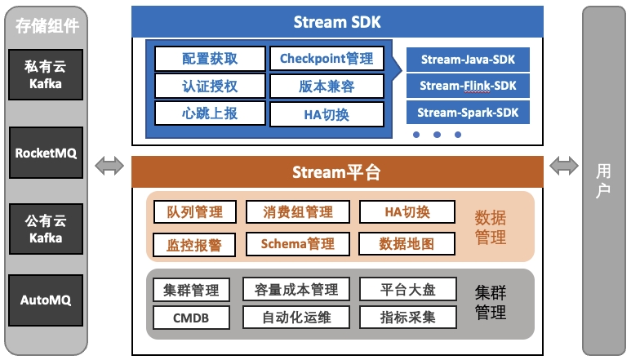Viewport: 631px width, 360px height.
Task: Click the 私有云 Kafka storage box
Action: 47,75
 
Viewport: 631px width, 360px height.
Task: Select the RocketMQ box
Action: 47,152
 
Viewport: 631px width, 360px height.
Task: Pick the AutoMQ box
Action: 47,300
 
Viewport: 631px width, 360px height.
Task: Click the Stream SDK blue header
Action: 337,22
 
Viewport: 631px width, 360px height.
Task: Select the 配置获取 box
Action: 211,59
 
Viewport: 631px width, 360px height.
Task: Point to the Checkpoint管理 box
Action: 326,59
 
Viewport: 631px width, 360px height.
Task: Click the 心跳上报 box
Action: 211,113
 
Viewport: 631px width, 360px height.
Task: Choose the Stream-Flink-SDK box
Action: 468,85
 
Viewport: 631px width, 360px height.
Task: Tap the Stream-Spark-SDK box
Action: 468,112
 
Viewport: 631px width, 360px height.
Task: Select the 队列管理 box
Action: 194,212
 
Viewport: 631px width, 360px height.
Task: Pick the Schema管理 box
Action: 297,243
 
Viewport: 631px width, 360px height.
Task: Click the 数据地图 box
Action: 407,243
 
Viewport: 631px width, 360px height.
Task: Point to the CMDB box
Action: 191,317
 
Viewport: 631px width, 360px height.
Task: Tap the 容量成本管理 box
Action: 296,289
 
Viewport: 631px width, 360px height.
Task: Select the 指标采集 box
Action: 408,317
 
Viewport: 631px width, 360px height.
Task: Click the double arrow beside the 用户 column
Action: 564,166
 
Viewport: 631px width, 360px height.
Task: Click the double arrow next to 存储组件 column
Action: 109,166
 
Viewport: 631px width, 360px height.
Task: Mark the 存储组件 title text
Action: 47,25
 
